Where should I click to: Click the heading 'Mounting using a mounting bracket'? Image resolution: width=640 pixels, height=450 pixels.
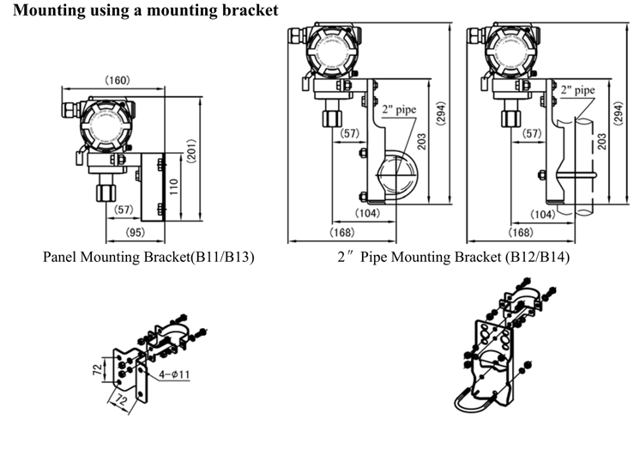tap(147, 10)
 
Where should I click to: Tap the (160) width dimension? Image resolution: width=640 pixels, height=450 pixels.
tap(117, 81)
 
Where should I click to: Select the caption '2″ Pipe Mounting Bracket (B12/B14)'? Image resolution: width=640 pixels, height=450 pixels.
tap(452, 257)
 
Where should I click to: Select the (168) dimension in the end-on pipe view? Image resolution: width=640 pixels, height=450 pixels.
tap(342, 232)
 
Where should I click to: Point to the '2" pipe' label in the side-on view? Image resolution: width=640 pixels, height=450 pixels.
tap(577, 89)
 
